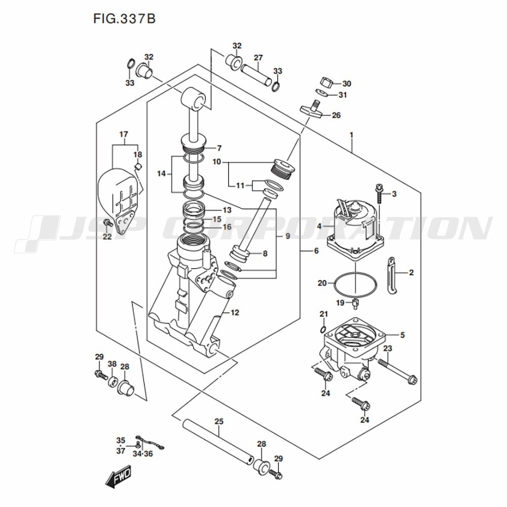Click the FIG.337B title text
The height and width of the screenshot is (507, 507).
pos(125,19)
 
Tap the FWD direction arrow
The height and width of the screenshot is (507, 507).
pos(118,477)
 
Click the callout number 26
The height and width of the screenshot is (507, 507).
pos(336,116)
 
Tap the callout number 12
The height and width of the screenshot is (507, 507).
pos(235,313)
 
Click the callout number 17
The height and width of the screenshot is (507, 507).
pos(124,134)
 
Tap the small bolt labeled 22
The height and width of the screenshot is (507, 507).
pos(107,223)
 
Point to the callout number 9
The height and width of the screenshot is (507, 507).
pos(288,236)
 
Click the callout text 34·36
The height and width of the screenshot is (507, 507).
pos(142,454)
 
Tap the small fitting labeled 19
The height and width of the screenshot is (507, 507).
pos(355,303)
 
